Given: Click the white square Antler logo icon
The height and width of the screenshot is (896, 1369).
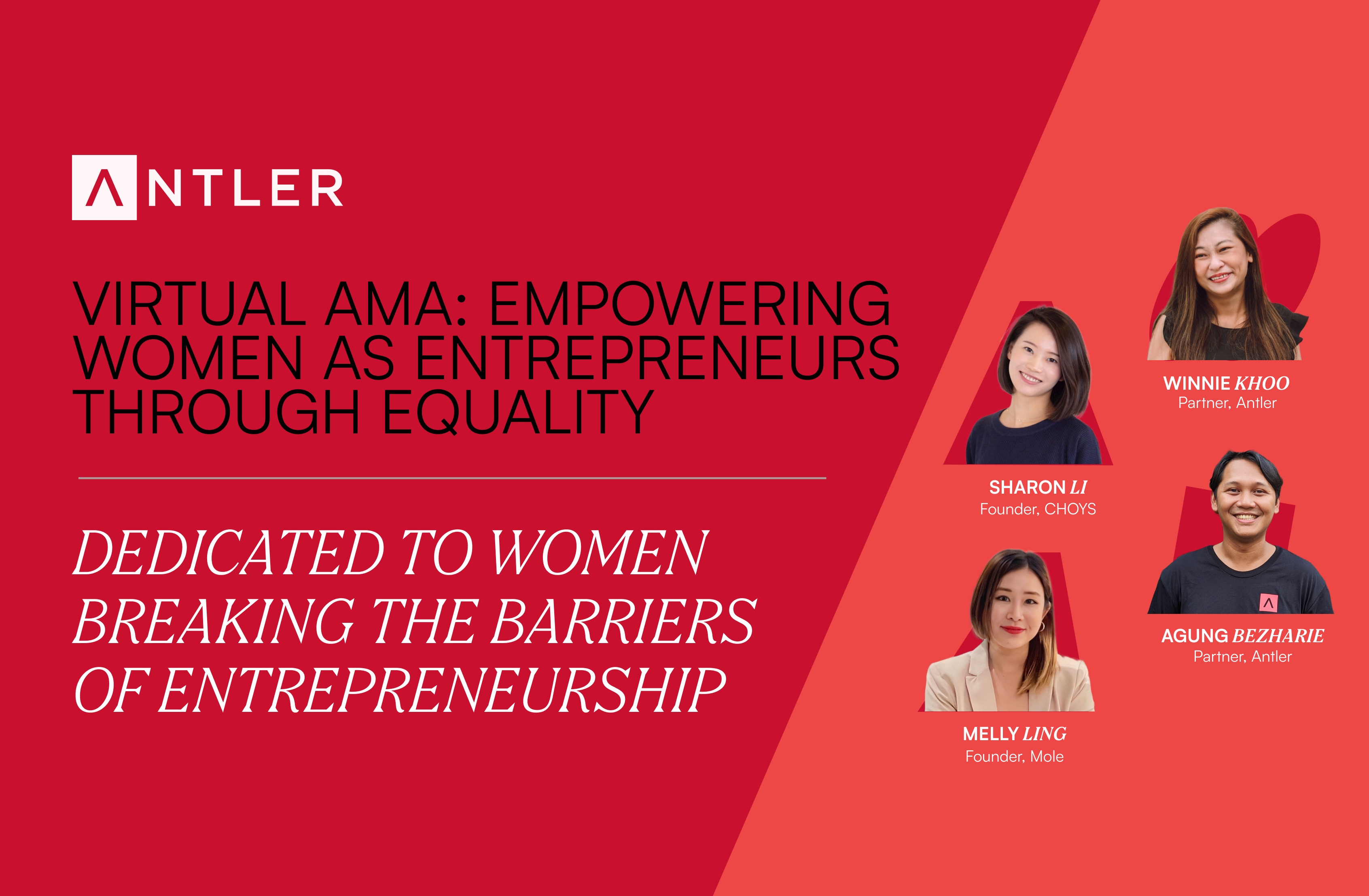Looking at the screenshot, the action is pos(104,188).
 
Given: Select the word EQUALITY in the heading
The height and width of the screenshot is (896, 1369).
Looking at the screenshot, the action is pos(518,412).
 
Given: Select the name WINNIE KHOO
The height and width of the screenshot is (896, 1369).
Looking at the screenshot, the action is pos(1226,383).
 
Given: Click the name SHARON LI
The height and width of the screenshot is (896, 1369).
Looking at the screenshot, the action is pos(1038,487).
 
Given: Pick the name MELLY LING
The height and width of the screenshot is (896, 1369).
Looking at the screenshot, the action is pos(1015,734).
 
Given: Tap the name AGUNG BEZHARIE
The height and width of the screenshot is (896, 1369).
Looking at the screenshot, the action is pos(1242,636).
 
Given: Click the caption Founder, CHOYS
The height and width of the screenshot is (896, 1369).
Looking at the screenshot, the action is pos(1038,509).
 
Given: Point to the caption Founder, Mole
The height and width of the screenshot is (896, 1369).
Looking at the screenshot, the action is pos(1015,756).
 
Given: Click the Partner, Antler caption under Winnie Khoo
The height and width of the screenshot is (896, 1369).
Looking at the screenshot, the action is pos(1227,403).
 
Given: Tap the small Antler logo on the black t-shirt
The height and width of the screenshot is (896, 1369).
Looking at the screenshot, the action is pos(1268,603).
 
